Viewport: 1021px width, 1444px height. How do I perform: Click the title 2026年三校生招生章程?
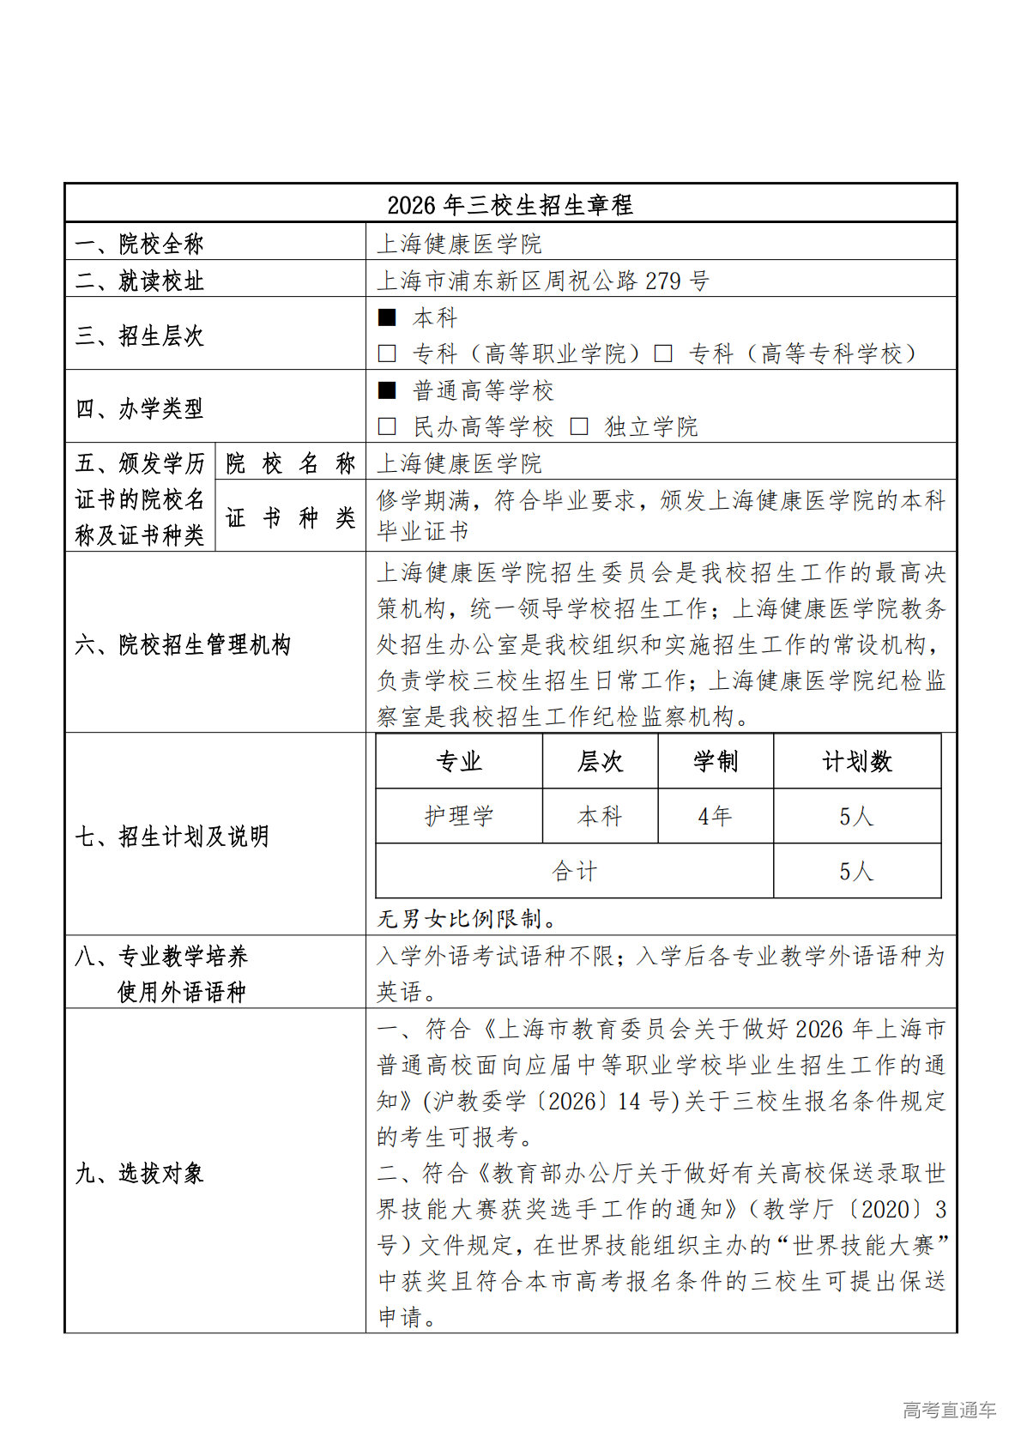coord(510,205)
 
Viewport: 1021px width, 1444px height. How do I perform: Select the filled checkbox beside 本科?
coord(387,317)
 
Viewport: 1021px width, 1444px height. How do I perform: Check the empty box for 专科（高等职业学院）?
coord(387,353)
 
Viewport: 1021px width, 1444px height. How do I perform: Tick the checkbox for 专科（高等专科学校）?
coord(662,353)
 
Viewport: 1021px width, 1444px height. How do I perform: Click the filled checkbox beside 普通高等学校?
coord(387,390)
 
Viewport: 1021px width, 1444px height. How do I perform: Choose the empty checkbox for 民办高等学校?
coord(387,426)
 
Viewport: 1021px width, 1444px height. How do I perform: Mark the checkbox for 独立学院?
coord(579,426)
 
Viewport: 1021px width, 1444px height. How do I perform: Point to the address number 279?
coord(662,281)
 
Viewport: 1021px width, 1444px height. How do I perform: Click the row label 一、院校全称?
coord(139,244)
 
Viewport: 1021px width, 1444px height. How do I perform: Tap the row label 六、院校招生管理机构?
coord(183,644)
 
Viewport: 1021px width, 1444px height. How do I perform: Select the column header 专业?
coord(459,761)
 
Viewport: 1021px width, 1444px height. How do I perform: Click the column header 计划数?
coord(856,761)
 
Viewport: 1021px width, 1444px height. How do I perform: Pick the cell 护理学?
coord(459,816)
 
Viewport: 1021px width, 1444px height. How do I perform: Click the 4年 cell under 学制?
coord(715,816)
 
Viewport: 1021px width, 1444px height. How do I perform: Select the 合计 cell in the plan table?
coord(574,872)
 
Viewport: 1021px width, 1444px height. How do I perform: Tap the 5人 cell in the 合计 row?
coord(856,872)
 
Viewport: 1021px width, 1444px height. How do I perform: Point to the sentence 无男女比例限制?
coord(468,919)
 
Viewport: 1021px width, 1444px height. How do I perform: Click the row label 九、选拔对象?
coord(139,1173)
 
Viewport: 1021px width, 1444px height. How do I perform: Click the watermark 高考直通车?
coord(949,1410)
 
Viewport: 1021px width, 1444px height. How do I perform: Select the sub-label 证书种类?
coord(290,517)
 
